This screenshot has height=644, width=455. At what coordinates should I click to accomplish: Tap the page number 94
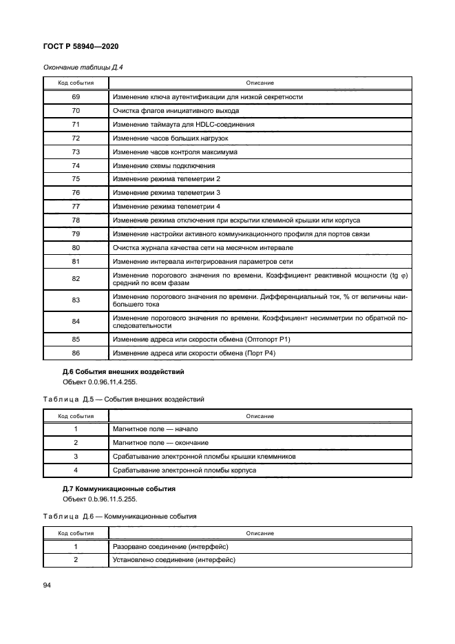[47, 585]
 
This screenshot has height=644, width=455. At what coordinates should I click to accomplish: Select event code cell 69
[76, 97]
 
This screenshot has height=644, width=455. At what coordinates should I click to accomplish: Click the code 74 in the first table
[76, 165]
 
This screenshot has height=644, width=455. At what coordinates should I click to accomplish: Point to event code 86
[76, 353]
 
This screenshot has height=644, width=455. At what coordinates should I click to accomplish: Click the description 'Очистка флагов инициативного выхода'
[176, 111]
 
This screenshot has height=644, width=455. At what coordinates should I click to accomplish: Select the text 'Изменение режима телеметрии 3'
[167, 193]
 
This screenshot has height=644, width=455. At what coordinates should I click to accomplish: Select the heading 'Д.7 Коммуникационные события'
[118, 489]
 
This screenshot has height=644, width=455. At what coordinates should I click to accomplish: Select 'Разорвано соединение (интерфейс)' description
[170, 546]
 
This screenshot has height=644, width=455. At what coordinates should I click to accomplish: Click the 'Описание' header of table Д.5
[260, 416]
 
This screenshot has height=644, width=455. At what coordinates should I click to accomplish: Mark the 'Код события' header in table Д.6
[76, 533]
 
